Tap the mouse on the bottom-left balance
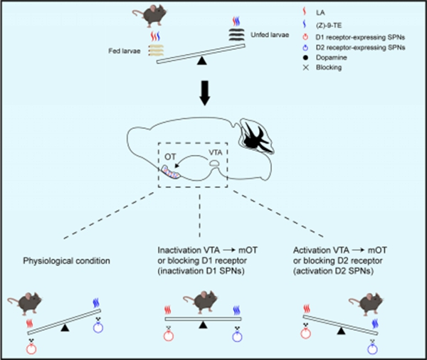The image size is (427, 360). (49, 307)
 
